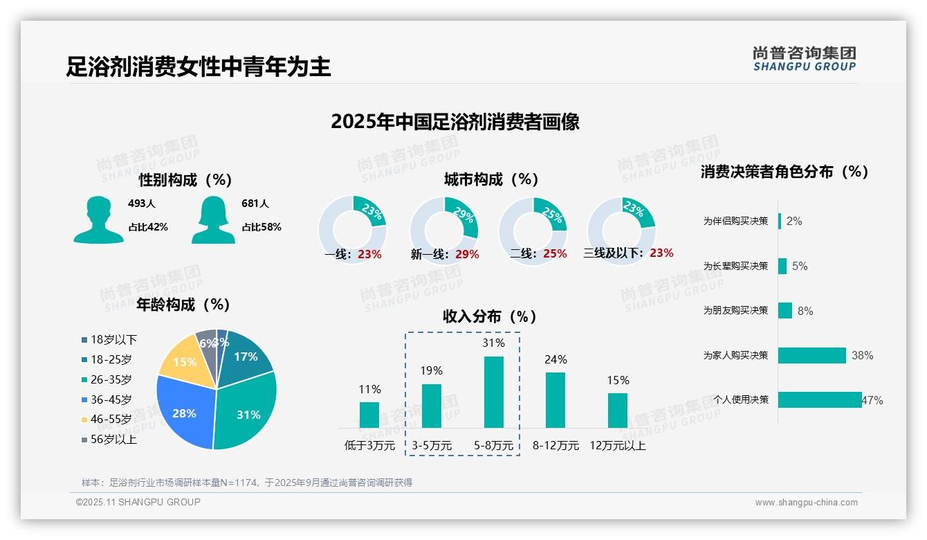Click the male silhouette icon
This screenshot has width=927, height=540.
[98, 220]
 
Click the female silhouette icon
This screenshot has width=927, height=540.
[213, 220]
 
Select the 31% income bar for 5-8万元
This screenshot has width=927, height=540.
[493, 392]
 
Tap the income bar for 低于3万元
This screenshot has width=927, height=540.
[369, 415]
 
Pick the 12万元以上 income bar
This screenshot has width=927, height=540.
[618, 411]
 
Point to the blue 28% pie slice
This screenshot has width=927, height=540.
[183, 413]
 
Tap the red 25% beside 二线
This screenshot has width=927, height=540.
[555, 254]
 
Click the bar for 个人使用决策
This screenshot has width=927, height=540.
[820, 399]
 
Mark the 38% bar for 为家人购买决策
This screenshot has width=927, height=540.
[812, 355]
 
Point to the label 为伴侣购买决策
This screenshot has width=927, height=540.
[735, 222]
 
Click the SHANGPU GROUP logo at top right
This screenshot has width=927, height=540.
[804, 59]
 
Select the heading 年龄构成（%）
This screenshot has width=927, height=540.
[183, 305]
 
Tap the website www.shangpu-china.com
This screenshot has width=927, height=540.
[806, 503]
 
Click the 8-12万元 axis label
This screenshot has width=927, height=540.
[556, 446]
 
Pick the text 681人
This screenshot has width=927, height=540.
[255, 204]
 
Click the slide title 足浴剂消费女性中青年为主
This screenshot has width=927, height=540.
[199, 66]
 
